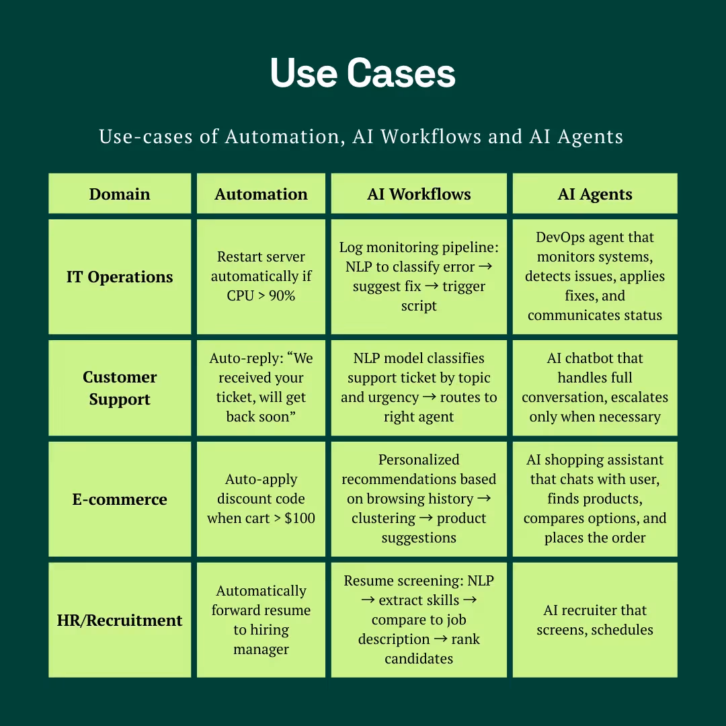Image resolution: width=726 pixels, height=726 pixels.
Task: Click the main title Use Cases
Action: (363, 73)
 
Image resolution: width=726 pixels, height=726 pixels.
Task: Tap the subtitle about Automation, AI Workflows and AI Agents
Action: (361, 136)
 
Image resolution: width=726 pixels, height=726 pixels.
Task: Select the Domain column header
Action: (120, 194)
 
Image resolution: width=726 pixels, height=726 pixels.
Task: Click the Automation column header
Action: (261, 194)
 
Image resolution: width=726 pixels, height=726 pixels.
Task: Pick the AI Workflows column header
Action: (419, 194)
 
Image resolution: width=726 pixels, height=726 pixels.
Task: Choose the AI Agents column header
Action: (595, 194)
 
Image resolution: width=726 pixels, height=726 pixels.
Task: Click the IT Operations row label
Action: (120, 277)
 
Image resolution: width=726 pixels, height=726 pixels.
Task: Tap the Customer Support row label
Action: (120, 388)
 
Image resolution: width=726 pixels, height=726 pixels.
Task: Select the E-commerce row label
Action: (120, 499)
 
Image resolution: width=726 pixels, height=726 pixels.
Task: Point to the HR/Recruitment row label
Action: (120, 620)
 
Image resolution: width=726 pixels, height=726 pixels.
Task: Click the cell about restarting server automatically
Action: (261, 276)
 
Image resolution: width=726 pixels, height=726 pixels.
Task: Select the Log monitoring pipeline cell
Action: (419, 276)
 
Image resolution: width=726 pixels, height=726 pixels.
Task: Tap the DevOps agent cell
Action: (595, 276)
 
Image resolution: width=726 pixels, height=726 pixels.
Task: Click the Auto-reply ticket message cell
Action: (261, 388)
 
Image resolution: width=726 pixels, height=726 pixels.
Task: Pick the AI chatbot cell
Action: (595, 388)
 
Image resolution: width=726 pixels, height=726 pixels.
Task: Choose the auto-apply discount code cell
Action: (261, 499)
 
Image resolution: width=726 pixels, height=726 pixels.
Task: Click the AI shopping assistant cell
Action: (595, 499)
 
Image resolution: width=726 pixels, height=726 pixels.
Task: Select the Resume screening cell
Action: (419, 620)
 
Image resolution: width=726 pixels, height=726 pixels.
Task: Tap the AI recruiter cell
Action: (595, 620)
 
